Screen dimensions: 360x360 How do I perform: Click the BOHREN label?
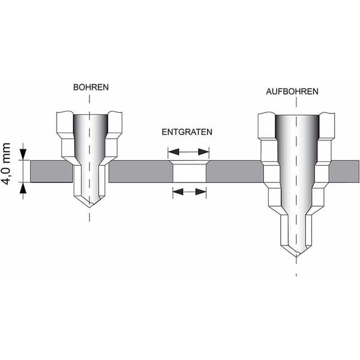point(91,88)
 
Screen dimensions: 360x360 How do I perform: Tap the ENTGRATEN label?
point(187,132)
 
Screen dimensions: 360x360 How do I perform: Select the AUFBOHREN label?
point(292,92)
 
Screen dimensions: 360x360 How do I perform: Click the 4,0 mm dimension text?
point(7,164)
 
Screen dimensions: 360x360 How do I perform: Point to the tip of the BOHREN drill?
point(89,207)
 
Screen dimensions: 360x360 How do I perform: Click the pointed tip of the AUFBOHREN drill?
point(296,257)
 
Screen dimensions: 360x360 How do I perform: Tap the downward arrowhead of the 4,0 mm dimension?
point(23,154)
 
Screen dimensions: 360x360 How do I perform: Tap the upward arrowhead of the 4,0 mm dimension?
point(23,188)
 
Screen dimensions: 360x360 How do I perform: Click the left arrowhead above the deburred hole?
point(173,152)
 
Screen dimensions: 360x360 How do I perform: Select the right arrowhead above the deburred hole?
point(203,152)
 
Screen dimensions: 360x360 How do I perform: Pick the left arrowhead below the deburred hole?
point(178,191)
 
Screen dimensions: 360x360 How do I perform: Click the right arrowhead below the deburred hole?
point(200,191)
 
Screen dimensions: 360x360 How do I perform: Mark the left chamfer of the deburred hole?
point(171,163)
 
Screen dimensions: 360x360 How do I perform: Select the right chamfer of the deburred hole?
point(207,163)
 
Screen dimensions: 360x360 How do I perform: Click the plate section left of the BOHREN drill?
point(52,171)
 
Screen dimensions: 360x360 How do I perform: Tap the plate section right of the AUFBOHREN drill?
point(344,171)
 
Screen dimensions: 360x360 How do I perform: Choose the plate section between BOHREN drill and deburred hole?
point(140,171)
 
